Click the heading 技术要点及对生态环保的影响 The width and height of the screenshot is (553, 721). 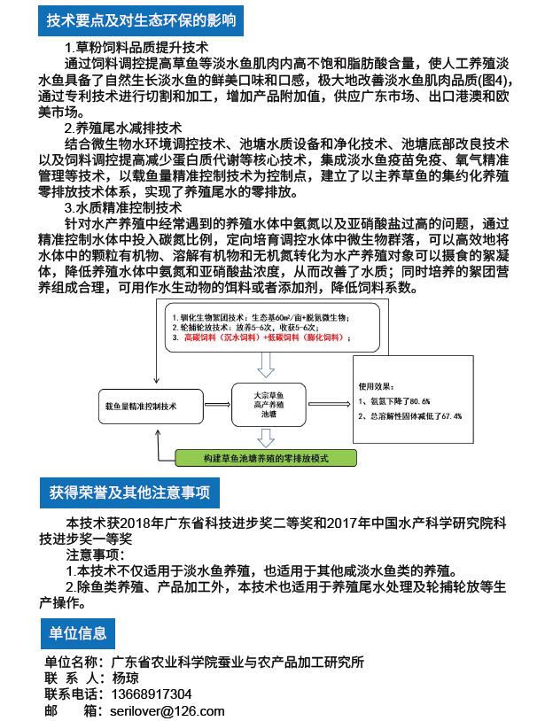[x=142, y=19]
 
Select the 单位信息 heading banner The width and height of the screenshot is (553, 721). [x=78, y=632]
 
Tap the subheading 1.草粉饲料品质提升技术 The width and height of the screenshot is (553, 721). [x=136, y=48]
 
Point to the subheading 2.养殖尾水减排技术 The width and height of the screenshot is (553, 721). [x=123, y=128]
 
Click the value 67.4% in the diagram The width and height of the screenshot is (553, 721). [x=445, y=415]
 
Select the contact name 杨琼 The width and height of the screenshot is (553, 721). [x=125, y=678]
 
